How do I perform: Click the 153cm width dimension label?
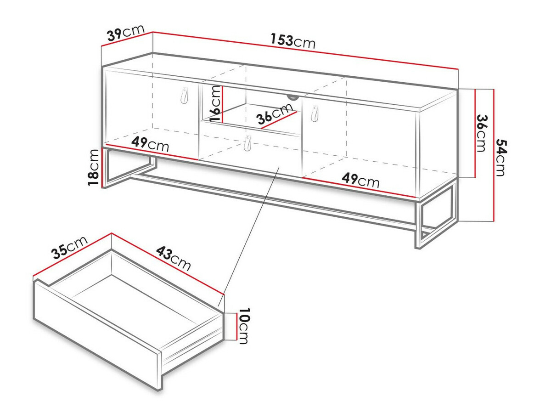point(292,41)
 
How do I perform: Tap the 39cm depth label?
point(126,33)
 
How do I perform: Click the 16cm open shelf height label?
point(216,103)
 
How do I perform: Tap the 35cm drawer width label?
point(69,247)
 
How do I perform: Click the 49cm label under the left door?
point(150,144)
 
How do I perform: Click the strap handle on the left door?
point(184,96)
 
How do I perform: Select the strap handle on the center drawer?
point(247,143)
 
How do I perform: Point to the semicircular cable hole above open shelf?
point(292,97)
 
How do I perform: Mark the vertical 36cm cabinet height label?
point(482,133)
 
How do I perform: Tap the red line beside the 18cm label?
point(103,168)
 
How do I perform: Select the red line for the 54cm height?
point(494,155)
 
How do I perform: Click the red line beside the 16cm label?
point(222,104)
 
